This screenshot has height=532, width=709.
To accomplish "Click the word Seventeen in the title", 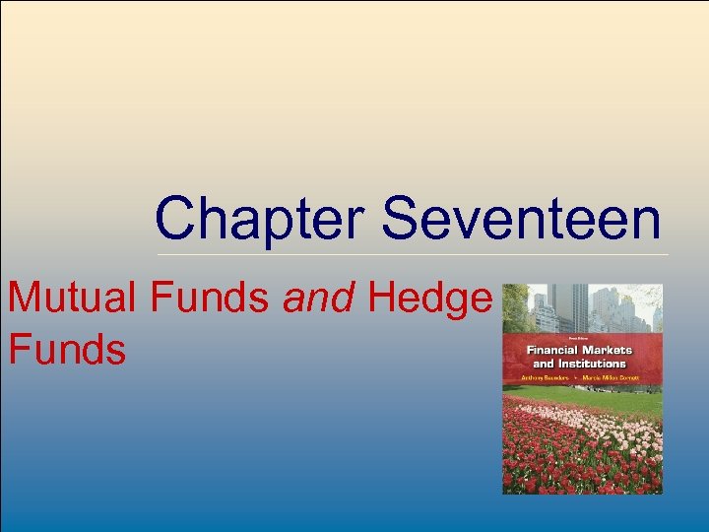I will click(521, 219).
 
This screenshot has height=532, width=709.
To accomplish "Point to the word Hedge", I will click(428, 299).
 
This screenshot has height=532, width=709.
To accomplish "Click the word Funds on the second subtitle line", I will click(67, 349).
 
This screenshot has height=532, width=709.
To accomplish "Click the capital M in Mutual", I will click(26, 299).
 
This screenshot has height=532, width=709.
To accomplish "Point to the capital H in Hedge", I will click(383, 299).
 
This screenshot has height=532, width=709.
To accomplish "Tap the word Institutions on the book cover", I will click(585, 364).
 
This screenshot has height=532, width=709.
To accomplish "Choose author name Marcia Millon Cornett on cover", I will click(616, 377).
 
